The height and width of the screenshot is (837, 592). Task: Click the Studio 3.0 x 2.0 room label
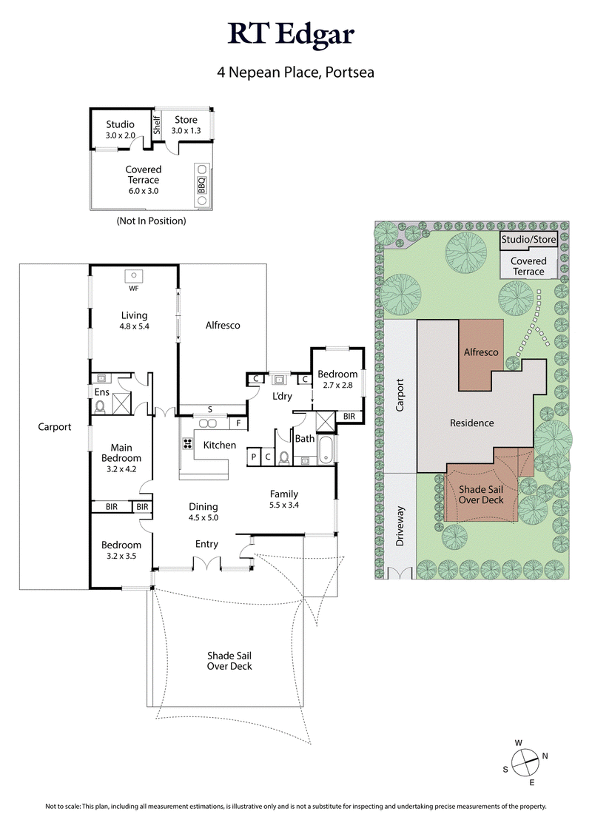120,130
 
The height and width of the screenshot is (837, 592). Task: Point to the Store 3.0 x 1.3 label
186,125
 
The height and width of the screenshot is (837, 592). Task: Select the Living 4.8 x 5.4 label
134,320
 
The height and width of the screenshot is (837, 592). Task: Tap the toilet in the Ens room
101,404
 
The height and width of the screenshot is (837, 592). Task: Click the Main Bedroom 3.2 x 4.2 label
121,458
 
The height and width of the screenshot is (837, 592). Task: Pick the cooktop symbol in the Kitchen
186,444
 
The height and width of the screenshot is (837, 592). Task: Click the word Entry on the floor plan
206,544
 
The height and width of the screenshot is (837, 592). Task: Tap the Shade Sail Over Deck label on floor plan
229,661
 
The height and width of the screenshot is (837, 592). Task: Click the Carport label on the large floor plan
55,427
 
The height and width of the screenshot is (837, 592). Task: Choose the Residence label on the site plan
472,423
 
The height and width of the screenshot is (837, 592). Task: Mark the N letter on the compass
545,756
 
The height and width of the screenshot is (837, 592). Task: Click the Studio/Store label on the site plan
527,240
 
